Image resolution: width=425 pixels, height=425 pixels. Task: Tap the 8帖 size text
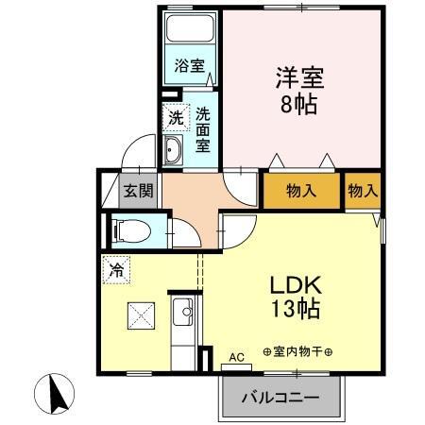(x=297, y=103)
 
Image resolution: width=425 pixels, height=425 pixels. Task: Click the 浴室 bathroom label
(x=189, y=66)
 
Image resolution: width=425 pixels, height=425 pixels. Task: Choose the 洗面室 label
(x=203, y=128)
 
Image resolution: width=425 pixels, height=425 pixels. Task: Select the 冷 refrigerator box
(x=117, y=269)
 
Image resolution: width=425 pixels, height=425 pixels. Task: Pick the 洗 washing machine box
(x=175, y=118)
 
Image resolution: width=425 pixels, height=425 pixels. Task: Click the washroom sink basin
(x=174, y=150)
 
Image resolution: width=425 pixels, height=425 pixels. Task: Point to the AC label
(x=236, y=356)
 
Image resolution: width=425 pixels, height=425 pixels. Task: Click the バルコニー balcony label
(x=279, y=396)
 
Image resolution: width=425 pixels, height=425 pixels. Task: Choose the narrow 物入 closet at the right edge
(x=363, y=191)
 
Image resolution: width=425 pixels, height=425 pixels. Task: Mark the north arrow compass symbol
(x=56, y=392)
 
